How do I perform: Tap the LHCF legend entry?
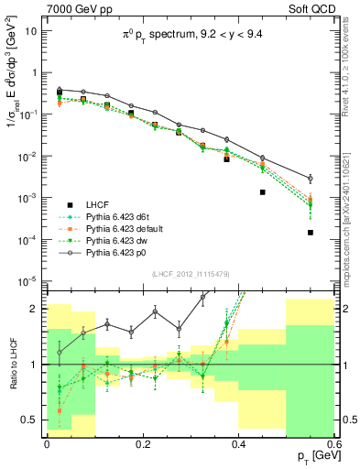click(x=98, y=203)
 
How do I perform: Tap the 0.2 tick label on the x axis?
click(x=143, y=443)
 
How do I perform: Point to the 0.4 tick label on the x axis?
click(x=239, y=443)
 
